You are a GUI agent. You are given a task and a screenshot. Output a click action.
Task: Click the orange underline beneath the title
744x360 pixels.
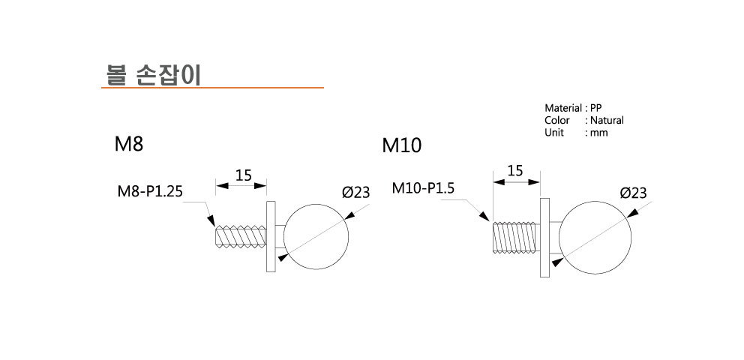pos(212,88)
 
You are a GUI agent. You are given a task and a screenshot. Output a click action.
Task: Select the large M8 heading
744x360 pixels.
pos(128,145)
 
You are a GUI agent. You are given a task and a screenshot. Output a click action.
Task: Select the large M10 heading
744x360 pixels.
pos(401,145)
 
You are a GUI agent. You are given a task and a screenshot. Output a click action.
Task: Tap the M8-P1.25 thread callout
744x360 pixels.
pos(150,192)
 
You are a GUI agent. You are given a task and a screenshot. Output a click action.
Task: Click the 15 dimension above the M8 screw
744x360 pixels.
pos(243,175)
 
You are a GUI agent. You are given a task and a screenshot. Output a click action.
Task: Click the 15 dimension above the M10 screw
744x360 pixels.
pos(514,170)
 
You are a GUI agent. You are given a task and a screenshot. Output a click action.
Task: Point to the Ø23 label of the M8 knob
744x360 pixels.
pos(355,193)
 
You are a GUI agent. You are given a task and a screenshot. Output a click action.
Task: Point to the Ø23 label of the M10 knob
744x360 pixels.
pos(633,193)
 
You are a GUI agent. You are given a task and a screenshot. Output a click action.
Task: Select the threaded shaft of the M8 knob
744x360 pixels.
pos(240,236)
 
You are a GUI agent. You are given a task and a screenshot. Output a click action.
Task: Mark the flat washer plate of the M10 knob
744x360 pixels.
pos(545,237)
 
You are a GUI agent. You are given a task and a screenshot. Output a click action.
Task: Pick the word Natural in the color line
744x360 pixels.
pos(607,120)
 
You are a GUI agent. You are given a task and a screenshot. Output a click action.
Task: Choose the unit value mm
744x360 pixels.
pos(598,132)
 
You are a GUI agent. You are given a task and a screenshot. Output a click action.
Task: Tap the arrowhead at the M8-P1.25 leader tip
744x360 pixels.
pos(213,222)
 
